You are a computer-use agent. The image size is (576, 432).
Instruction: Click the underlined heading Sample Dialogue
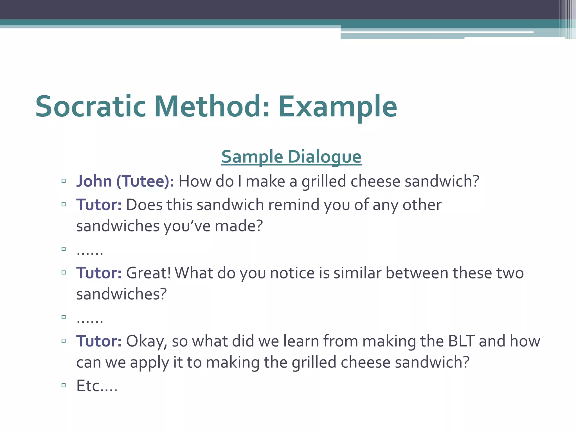click(x=291, y=157)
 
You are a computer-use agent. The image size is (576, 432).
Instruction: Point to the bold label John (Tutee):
click(x=125, y=181)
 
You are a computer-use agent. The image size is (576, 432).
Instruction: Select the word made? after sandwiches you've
click(x=238, y=226)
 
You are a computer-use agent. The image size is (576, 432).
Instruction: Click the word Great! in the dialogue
click(x=148, y=273)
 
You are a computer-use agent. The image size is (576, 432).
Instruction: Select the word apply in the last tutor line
click(x=149, y=363)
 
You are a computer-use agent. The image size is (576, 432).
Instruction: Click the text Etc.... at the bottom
click(x=97, y=386)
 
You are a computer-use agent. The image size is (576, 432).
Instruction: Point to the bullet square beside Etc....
click(x=64, y=385)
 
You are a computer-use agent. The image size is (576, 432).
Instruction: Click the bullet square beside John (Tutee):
click(x=64, y=181)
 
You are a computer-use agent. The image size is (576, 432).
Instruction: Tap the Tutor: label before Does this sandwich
click(x=99, y=204)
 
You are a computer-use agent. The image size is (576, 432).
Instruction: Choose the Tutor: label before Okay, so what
click(x=99, y=341)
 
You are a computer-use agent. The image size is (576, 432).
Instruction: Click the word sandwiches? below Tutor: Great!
click(x=121, y=294)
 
